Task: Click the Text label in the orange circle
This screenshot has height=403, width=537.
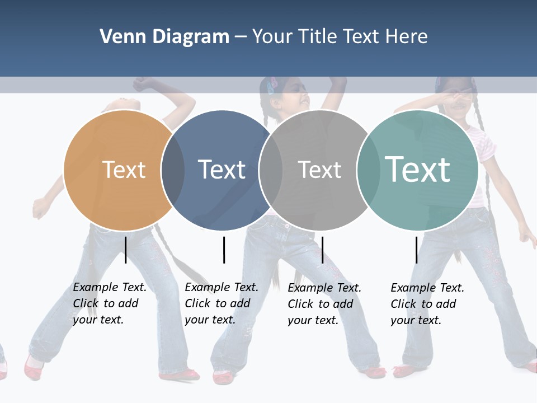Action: pos(124,170)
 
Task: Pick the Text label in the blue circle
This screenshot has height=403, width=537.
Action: pos(222,170)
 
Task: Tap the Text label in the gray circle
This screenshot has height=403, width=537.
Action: pos(319,170)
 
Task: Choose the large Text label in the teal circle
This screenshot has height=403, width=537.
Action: pos(417,170)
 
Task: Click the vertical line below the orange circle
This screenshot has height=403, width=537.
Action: pos(125,250)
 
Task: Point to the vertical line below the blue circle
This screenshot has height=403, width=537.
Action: pos(224,250)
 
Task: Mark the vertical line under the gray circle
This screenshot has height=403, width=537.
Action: pos(322,250)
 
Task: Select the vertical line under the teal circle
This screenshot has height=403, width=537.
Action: pos(416,250)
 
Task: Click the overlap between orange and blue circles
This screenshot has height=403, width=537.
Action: pos(173,170)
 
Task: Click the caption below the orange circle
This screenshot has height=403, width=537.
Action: pos(110,303)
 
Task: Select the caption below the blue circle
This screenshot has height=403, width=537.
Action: pos(222,303)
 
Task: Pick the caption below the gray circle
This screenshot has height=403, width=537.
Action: pos(324,304)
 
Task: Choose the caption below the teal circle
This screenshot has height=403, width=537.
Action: pos(427,304)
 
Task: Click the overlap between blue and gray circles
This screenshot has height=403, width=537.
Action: pos(271,170)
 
